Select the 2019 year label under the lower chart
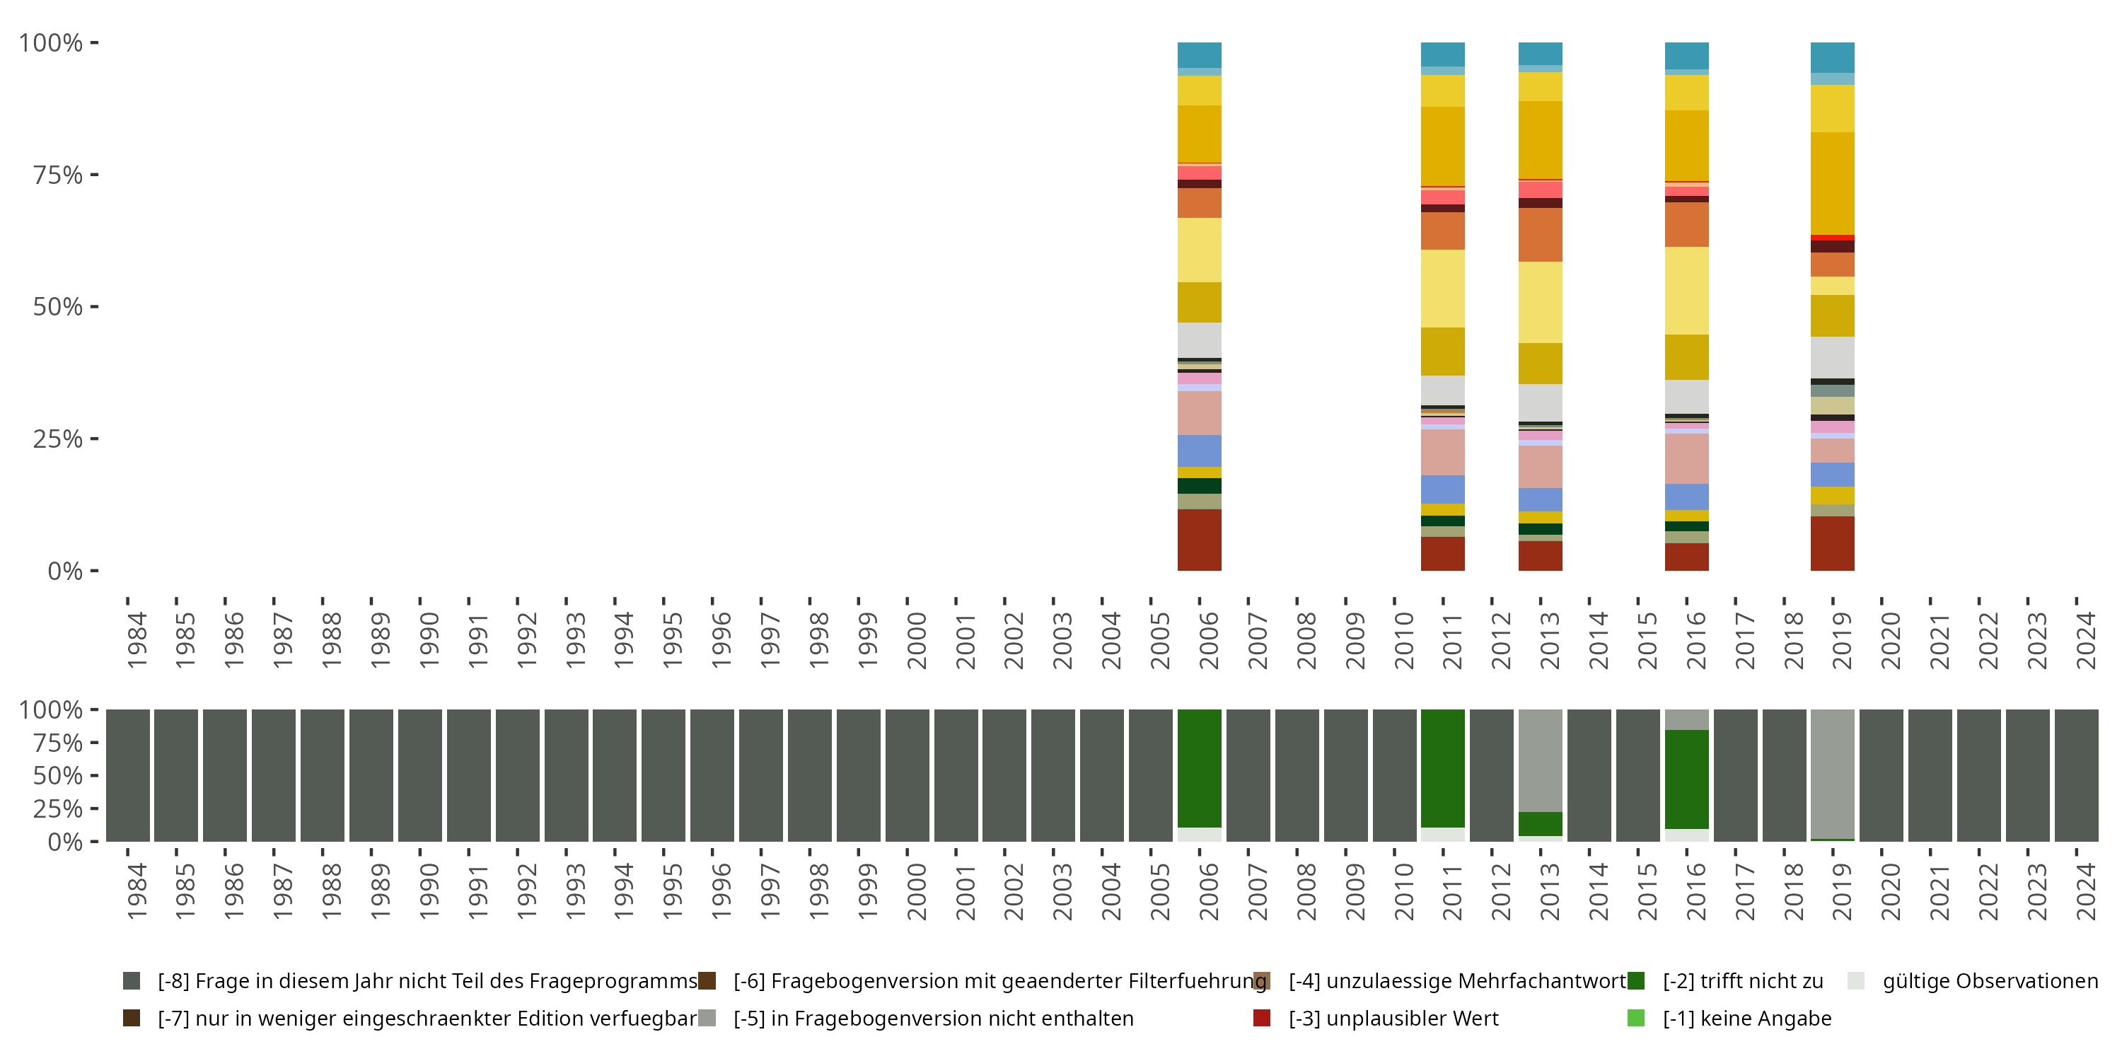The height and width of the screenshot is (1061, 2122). point(1842,892)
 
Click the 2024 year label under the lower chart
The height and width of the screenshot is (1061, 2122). point(2086,892)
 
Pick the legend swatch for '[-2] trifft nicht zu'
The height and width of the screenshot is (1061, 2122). point(1636,981)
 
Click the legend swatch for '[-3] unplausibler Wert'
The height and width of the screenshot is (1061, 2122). point(1261,1018)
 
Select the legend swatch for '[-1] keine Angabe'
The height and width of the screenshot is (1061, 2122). point(1636,1018)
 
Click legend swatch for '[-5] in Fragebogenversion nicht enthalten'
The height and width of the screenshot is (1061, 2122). point(707,1018)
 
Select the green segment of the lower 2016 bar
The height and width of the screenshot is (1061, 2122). point(1687,779)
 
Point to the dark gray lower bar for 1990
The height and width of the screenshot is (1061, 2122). point(420,775)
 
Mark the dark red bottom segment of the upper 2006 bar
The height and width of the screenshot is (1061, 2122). point(1200,540)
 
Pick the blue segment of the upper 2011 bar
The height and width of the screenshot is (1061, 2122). point(1443,489)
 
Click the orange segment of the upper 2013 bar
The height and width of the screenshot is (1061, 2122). point(1541,235)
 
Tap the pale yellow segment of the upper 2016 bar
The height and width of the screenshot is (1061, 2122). point(1687,290)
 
